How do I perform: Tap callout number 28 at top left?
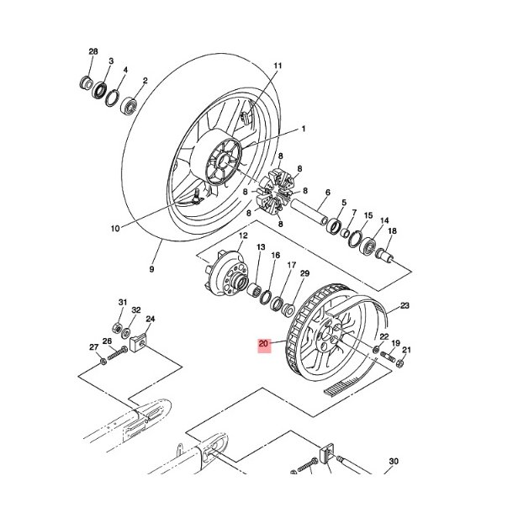[93, 53]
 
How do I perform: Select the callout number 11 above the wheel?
[278, 66]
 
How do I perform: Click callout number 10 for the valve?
[115, 228]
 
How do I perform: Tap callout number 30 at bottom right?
[392, 462]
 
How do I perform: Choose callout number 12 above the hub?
[243, 237]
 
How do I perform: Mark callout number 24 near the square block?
[151, 319]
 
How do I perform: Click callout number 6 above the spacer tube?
[327, 193]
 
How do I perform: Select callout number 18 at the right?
[392, 231]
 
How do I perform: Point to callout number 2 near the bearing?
[145, 82]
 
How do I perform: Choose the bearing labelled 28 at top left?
[87, 82]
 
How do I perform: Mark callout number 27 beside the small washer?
[94, 346]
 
